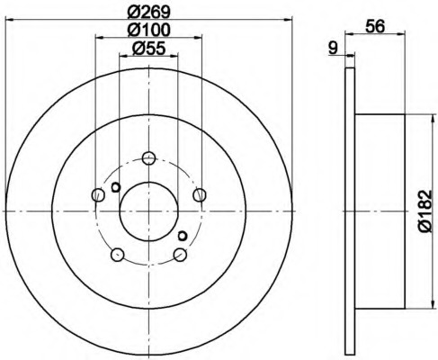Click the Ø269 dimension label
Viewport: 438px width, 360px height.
coord(148,13)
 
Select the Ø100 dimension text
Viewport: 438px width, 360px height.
coord(148,30)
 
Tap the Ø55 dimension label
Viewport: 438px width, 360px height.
coord(148,49)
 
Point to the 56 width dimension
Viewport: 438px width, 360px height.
coord(375,27)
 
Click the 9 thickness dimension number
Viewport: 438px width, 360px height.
coord(333,48)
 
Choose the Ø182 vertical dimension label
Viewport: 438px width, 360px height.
coord(425,211)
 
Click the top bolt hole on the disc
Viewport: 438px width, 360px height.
coord(148,157)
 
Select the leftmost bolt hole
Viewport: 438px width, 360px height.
coord(98,195)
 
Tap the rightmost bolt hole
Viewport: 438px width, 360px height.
coord(200,195)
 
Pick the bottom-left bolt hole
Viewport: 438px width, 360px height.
coord(117,255)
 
